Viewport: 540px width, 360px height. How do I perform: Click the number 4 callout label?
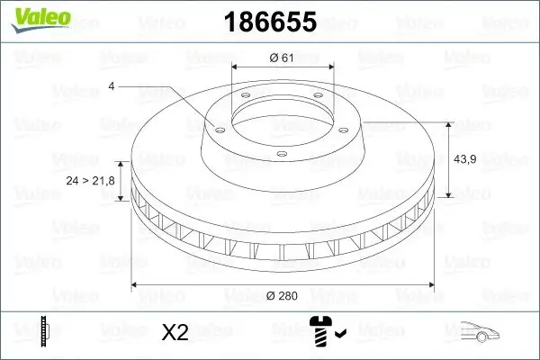click(x=112, y=86)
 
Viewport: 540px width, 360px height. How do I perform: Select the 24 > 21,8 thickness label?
click(x=91, y=182)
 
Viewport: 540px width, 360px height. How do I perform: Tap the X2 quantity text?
click(x=175, y=332)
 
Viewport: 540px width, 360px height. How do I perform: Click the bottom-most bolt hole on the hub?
click(x=281, y=154)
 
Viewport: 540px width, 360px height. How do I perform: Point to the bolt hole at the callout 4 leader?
click(x=216, y=126)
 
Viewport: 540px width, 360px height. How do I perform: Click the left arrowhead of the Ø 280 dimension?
click(x=135, y=285)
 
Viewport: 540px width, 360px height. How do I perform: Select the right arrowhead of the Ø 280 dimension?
click(x=432, y=285)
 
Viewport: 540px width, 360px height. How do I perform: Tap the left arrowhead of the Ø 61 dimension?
click(x=235, y=67)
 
